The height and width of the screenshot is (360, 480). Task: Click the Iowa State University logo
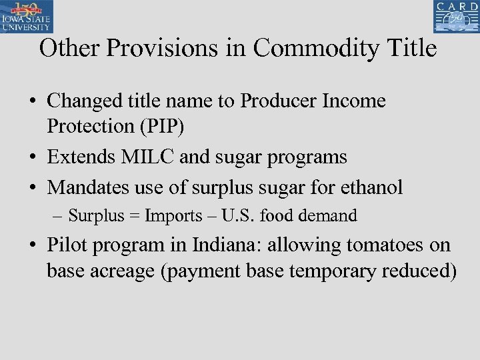[x=27, y=17]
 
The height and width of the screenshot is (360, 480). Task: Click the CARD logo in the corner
[x=455, y=17]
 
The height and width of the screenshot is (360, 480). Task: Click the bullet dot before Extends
[x=32, y=158]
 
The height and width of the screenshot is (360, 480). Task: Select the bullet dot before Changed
[x=32, y=102]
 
